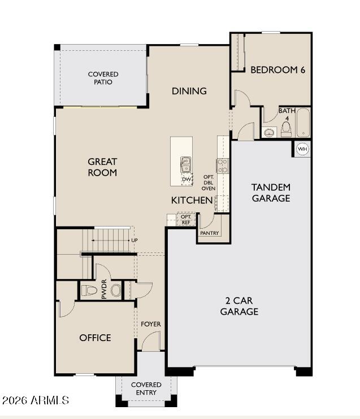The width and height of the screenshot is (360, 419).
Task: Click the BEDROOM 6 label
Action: [277, 70]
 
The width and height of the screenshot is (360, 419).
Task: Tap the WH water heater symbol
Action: [303, 149]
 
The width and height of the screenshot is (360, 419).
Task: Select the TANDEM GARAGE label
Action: [271, 193]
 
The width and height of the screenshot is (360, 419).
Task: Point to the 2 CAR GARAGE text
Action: [239, 306]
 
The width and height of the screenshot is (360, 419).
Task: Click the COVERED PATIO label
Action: [103, 78]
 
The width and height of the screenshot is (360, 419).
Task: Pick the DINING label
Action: [189, 91]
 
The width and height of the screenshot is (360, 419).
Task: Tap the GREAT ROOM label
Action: [102, 167]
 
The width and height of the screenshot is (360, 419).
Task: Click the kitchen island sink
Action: [185, 164]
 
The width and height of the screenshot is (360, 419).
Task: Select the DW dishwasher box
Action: [186, 180]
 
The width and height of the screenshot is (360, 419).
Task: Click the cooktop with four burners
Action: [223, 166]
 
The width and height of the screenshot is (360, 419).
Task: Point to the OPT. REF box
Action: [186, 219]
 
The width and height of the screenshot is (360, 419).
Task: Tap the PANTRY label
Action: [209, 233]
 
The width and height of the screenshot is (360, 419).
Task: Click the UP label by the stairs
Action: [135, 240]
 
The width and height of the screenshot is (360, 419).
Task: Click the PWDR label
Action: [104, 290]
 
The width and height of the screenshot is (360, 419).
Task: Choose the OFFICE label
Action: [95, 338]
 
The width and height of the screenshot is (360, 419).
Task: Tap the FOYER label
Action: [151, 324]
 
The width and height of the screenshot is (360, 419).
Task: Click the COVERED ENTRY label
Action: [146, 389]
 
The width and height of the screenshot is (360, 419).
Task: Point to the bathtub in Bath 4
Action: [303, 123]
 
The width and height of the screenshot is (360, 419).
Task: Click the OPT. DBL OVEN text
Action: [209, 182]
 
